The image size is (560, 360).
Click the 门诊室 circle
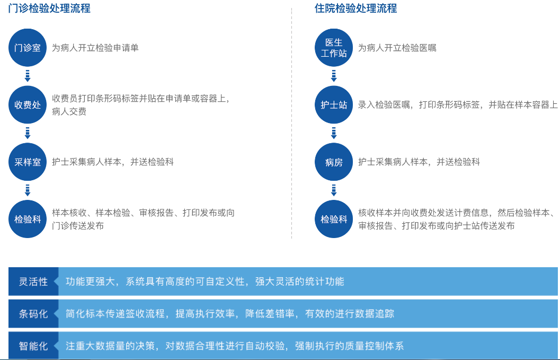pos(28,48)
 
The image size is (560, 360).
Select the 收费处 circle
pos(28,105)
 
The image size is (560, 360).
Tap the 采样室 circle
pos(28,162)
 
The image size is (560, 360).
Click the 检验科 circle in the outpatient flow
pos(28,219)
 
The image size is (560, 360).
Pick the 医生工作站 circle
pos(334,48)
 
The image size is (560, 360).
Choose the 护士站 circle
pos(334,105)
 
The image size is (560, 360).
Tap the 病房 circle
pos(334,162)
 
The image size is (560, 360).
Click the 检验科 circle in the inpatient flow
pos(334,219)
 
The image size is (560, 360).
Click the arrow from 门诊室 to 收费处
pos(28,76)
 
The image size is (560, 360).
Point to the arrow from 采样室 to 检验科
pos(28,190)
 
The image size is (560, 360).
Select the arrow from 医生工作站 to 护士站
pos(334,76)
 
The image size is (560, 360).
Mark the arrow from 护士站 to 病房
pos(334,133)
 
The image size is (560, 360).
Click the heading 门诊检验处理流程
pos(49,8)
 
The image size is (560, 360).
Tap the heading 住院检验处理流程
pos(355,8)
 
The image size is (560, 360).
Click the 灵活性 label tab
pos(33,282)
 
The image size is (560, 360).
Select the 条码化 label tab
pos(33,313)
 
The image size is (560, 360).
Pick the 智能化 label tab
pos(33,346)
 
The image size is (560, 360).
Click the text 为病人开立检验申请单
pos(95,48)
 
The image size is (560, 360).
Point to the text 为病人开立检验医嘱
pos(397,48)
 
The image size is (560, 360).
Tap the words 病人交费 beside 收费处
pos(69,111)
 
